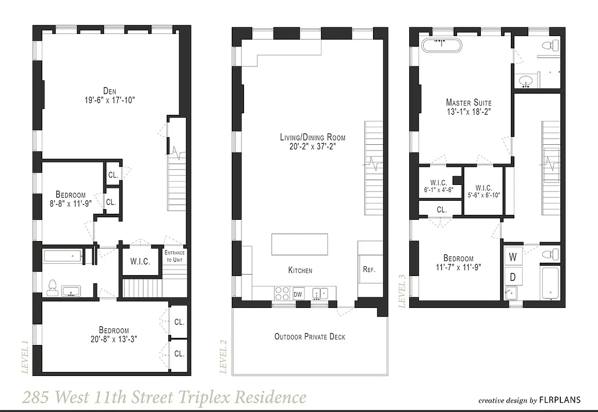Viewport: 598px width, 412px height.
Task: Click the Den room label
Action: click(x=109, y=91)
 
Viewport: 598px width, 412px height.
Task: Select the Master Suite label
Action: click(x=468, y=102)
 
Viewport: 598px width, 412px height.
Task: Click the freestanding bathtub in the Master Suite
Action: click(x=442, y=45)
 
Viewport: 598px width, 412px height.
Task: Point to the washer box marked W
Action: click(x=513, y=256)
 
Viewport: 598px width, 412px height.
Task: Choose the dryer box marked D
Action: click(x=513, y=277)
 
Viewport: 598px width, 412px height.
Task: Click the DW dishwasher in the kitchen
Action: click(x=298, y=294)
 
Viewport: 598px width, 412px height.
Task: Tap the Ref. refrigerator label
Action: click(x=368, y=269)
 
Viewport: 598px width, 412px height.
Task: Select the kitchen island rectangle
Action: click(x=300, y=244)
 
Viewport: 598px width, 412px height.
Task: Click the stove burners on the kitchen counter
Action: click(x=282, y=293)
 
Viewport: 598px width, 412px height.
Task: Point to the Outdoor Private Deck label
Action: click(x=310, y=337)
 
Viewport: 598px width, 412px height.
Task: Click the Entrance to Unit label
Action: click(x=174, y=256)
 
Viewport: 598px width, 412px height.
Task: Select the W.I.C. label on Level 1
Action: click(x=140, y=262)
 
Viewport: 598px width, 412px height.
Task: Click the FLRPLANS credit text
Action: click(x=560, y=400)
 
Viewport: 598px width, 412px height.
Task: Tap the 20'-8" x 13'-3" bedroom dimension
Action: click(x=114, y=339)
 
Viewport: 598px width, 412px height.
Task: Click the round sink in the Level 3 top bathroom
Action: click(x=525, y=81)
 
